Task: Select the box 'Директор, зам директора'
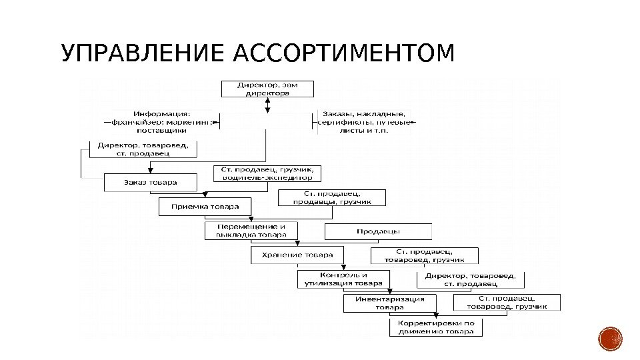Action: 264,89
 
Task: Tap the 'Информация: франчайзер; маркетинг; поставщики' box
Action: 161,122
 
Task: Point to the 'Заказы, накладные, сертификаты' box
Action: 364,122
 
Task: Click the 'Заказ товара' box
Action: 151,183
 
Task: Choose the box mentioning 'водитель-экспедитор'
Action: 267,174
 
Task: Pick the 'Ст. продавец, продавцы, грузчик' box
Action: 331,198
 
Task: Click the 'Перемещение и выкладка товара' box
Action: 251,231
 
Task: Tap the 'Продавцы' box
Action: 377,231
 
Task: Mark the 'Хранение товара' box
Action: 297,255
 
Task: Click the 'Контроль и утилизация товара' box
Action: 343,279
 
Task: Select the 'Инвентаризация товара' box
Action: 389,303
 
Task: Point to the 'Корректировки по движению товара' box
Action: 436,327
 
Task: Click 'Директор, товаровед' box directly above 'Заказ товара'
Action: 143,148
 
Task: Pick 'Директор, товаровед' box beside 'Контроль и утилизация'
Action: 470,279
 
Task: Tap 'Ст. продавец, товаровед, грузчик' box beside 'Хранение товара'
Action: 425,256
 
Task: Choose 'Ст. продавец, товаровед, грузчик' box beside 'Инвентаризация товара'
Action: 507,303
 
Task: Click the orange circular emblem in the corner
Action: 610,339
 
